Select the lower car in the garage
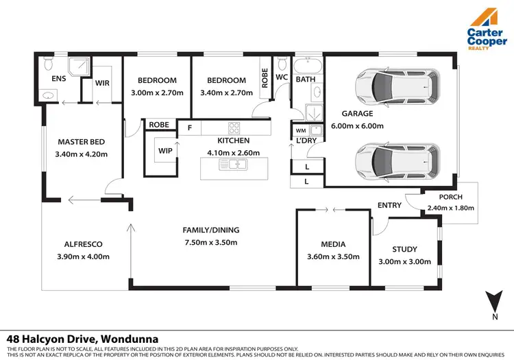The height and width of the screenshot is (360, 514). click(x=395, y=160)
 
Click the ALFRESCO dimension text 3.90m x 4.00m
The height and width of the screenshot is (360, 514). click(x=83, y=256)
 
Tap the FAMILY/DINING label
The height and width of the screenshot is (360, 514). click(x=211, y=230)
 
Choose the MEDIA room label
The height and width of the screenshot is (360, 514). click(x=332, y=244)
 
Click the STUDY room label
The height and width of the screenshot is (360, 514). click(x=404, y=249)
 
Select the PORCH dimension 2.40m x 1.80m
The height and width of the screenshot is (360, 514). click(x=450, y=208)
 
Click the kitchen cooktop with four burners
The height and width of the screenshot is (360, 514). click(x=234, y=128)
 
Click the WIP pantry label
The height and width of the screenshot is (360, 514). click(x=164, y=150)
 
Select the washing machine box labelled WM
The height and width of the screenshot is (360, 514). click(x=300, y=130)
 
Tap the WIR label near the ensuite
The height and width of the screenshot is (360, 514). click(x=102, y=82)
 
